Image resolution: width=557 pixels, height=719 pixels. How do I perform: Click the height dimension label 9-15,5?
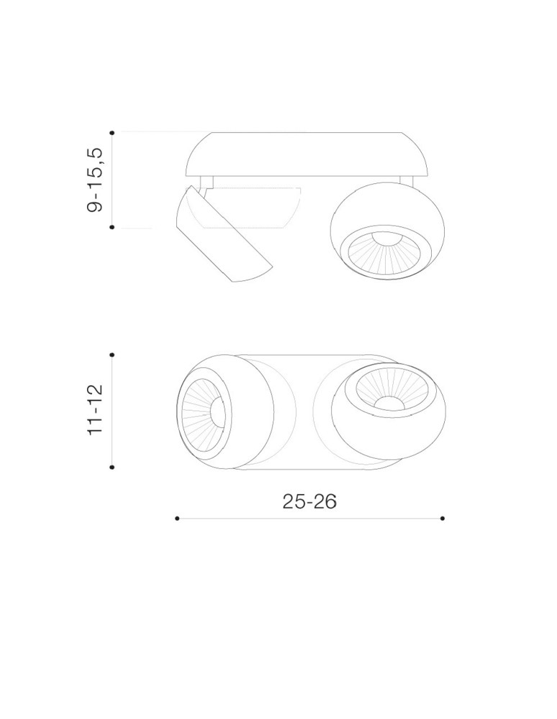click(x=96, y=180)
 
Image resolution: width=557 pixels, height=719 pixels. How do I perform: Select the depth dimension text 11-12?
click(x=96, y=410)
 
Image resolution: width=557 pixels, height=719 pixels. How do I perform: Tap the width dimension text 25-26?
click(x=309, y=501)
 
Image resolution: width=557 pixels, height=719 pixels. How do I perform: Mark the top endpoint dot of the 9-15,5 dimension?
click(x=112, y=132)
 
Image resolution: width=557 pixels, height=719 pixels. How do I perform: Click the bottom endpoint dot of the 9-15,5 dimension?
click(x=112, y=227)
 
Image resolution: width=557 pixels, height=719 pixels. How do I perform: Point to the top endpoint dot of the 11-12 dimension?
click(x=112, y=354)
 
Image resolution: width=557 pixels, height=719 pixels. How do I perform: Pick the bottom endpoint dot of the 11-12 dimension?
click(x=112, y=467)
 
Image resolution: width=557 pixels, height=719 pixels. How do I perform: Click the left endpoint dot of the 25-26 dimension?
click(x=177, y=518)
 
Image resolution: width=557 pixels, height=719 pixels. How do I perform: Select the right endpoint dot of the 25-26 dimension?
click(x=443, y=518)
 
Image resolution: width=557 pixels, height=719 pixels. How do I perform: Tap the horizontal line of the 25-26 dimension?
click(x=309, y=518)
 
